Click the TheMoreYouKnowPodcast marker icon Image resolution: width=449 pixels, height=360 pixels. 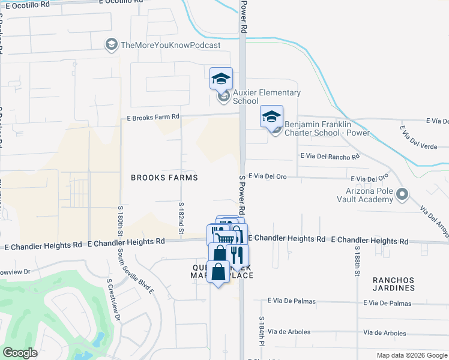(111, 44)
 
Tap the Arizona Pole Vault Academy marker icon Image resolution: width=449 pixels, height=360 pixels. (402, 194)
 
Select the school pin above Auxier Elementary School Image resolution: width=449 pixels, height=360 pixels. (221, 78)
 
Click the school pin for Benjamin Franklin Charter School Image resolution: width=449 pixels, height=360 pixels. (271, 116)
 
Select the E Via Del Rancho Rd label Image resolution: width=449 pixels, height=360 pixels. (330, 156)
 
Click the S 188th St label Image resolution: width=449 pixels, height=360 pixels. (357, 261)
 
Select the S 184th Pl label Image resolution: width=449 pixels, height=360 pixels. (262, 332)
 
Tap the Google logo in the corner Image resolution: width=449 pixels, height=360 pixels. (20, 353)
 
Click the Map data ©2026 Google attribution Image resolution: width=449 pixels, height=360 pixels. (411, 355)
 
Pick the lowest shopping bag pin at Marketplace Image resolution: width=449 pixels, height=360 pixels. (219, 272)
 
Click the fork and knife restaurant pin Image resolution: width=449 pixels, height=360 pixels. (237, 255)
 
